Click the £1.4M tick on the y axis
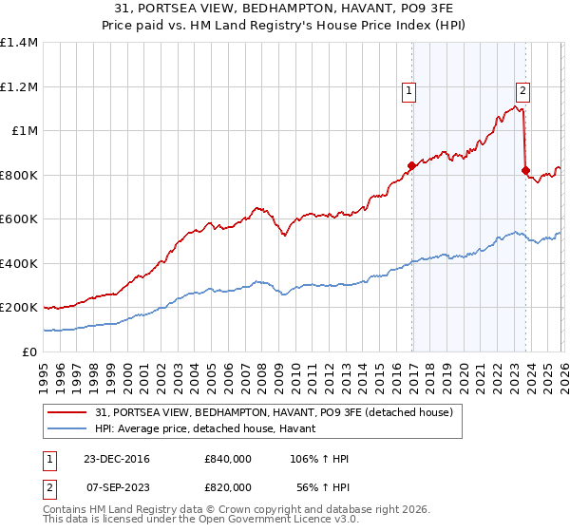click(19, 43)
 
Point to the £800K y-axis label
click(19, 175)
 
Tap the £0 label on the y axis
click(28, 351)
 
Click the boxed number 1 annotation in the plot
click(408, 91)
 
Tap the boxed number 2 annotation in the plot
click(523, 91)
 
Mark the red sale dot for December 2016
click(411, 166)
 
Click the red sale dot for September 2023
click(525, 171)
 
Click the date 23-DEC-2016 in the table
click(116, 459)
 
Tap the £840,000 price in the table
click(228, 459)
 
